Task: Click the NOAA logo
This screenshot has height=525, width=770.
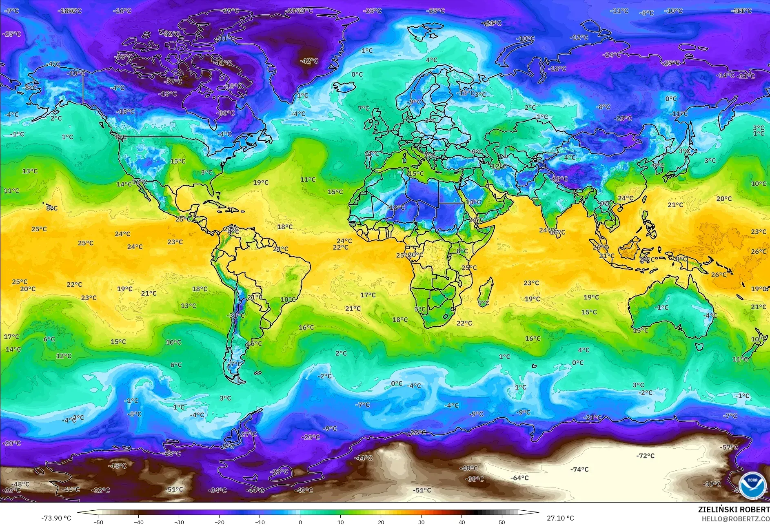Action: click(752, 485)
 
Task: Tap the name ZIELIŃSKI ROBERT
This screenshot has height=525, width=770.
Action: click(734, 509)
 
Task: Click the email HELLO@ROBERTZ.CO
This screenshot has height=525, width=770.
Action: click(735, 518)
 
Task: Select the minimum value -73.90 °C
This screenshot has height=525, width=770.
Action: click(56, 518)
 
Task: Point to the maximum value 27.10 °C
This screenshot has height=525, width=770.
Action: click(560, 518)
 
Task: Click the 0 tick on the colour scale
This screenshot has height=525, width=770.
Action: click(300, 522)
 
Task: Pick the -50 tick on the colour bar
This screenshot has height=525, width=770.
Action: click(98, 522)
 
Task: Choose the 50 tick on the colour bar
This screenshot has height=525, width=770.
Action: click(502, 522)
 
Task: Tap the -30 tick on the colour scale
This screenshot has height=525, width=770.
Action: click(179, 522)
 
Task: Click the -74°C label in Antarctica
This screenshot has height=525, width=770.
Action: click(579, 470)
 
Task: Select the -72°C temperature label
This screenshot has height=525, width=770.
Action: click(645, 456)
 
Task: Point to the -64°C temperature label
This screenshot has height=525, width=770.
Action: click(519, 478)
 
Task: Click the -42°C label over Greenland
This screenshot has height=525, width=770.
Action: click(309, 61)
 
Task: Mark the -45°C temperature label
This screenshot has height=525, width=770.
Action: click(117, 466)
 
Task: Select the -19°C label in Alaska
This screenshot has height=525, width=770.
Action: click(77, 73)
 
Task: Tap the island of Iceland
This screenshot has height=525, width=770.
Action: click(344, 87)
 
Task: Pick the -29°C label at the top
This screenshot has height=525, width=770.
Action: click(230, 11)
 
